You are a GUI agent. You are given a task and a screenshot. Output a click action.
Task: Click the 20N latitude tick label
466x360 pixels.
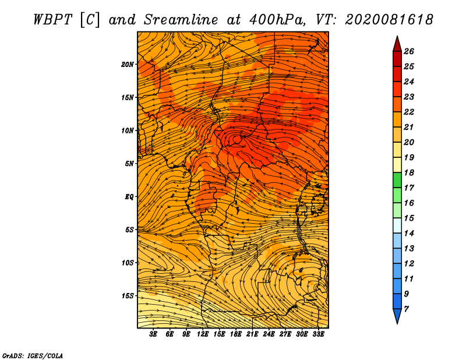pyautogui.click(x=128, y=64)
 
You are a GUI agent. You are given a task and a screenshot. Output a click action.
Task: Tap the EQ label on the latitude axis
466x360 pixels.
pyautogui.click(x=129, y=196)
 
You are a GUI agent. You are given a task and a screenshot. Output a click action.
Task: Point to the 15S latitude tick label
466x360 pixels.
pyautogui.click(x=128, y=296)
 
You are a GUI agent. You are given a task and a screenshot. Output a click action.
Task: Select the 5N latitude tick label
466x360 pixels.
pyautogui.click(x=129, y=164)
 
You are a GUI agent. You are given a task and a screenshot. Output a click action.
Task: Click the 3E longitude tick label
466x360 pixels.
pyautogui.click(x=153, y=334)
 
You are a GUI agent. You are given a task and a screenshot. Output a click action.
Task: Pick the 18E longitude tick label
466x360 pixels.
pyautogui.click(x=236, y=334)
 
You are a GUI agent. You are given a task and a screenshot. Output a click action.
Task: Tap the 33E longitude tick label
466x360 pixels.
pyautogui.click(x=318, y=334)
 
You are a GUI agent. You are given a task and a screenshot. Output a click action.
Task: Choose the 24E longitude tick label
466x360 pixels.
pyautogui.click(x=269, y=334)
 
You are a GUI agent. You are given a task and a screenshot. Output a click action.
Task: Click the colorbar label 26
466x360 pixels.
pyautogui.click(x=409, y=51)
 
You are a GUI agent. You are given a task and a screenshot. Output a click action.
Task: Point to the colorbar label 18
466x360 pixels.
pyautogui.click(x=409, y=172)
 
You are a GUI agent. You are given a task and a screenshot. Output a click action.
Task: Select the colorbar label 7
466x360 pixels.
pyautogui.click(x=406, y=309)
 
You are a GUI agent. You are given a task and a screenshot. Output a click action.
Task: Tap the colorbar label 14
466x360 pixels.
pyautogui.click(x=409, y=234)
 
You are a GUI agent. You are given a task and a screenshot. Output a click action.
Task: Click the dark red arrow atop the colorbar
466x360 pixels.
pyautogui.click(x=397, y=45)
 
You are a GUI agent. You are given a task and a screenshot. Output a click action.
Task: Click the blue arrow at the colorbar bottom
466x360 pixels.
pyautogui.click(x=397, y=316)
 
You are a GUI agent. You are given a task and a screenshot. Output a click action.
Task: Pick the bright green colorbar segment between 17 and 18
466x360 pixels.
pyautogui.click(x=397, y=180)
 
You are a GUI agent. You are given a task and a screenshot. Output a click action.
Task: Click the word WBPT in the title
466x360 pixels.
pyautogui.click(x=52, y=20)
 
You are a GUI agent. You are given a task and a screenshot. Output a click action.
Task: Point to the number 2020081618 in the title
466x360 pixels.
pyautogui.click(x=389, y=20)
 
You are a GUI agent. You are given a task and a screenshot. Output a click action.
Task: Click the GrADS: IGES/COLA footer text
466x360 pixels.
pyautogui.click(x=33, y=355)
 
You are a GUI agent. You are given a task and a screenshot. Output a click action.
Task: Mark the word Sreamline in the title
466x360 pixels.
pyautogui.click(x=181, y=20)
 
